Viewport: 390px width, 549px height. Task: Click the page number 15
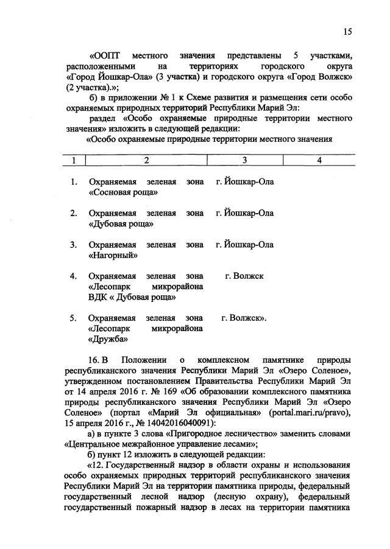click(347, 32)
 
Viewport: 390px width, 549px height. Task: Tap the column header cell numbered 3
click(244, 160)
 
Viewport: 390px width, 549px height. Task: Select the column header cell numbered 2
click(146, 160)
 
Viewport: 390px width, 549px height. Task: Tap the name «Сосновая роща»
click(124, 192)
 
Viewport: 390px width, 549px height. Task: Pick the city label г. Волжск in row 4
click(244, 276)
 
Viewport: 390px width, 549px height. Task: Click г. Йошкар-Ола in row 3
click(245, 245)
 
